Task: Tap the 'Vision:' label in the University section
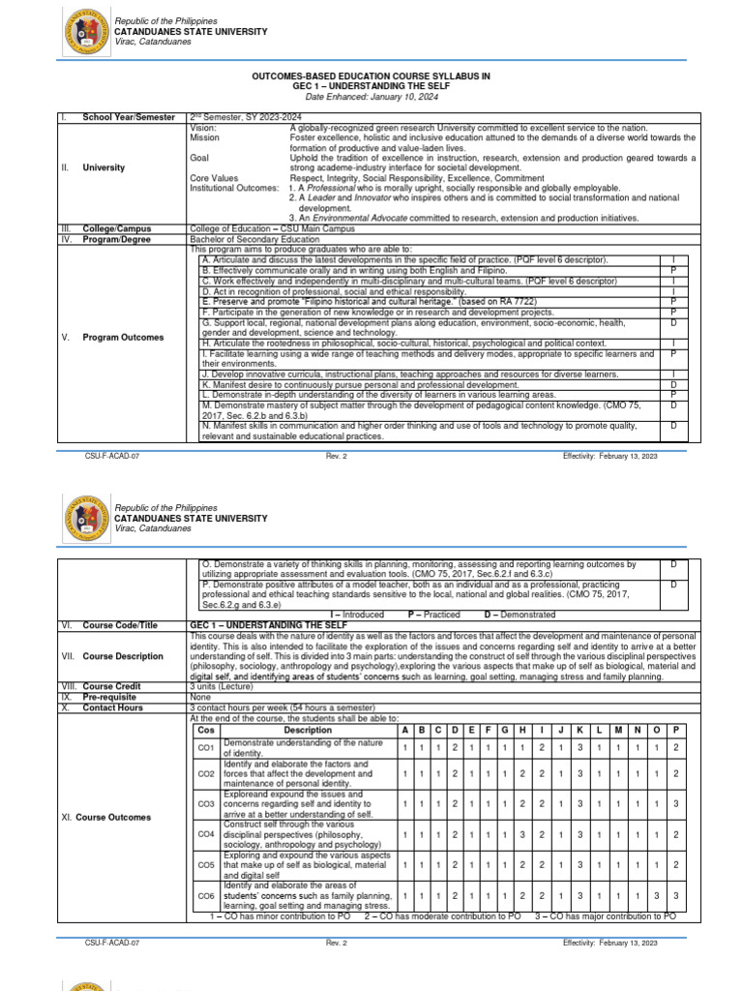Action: tap(203, 127)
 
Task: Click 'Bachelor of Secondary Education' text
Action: tap(254, 239)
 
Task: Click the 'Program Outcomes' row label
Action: tap(123, 338)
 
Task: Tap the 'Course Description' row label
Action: tap(123, 656)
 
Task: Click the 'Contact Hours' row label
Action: tap(112, 707)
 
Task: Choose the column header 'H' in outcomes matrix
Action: tap(521, 730)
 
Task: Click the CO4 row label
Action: tap(205, 833)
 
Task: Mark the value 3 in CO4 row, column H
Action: tap(521, 833)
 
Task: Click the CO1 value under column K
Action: tap(580, 747)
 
